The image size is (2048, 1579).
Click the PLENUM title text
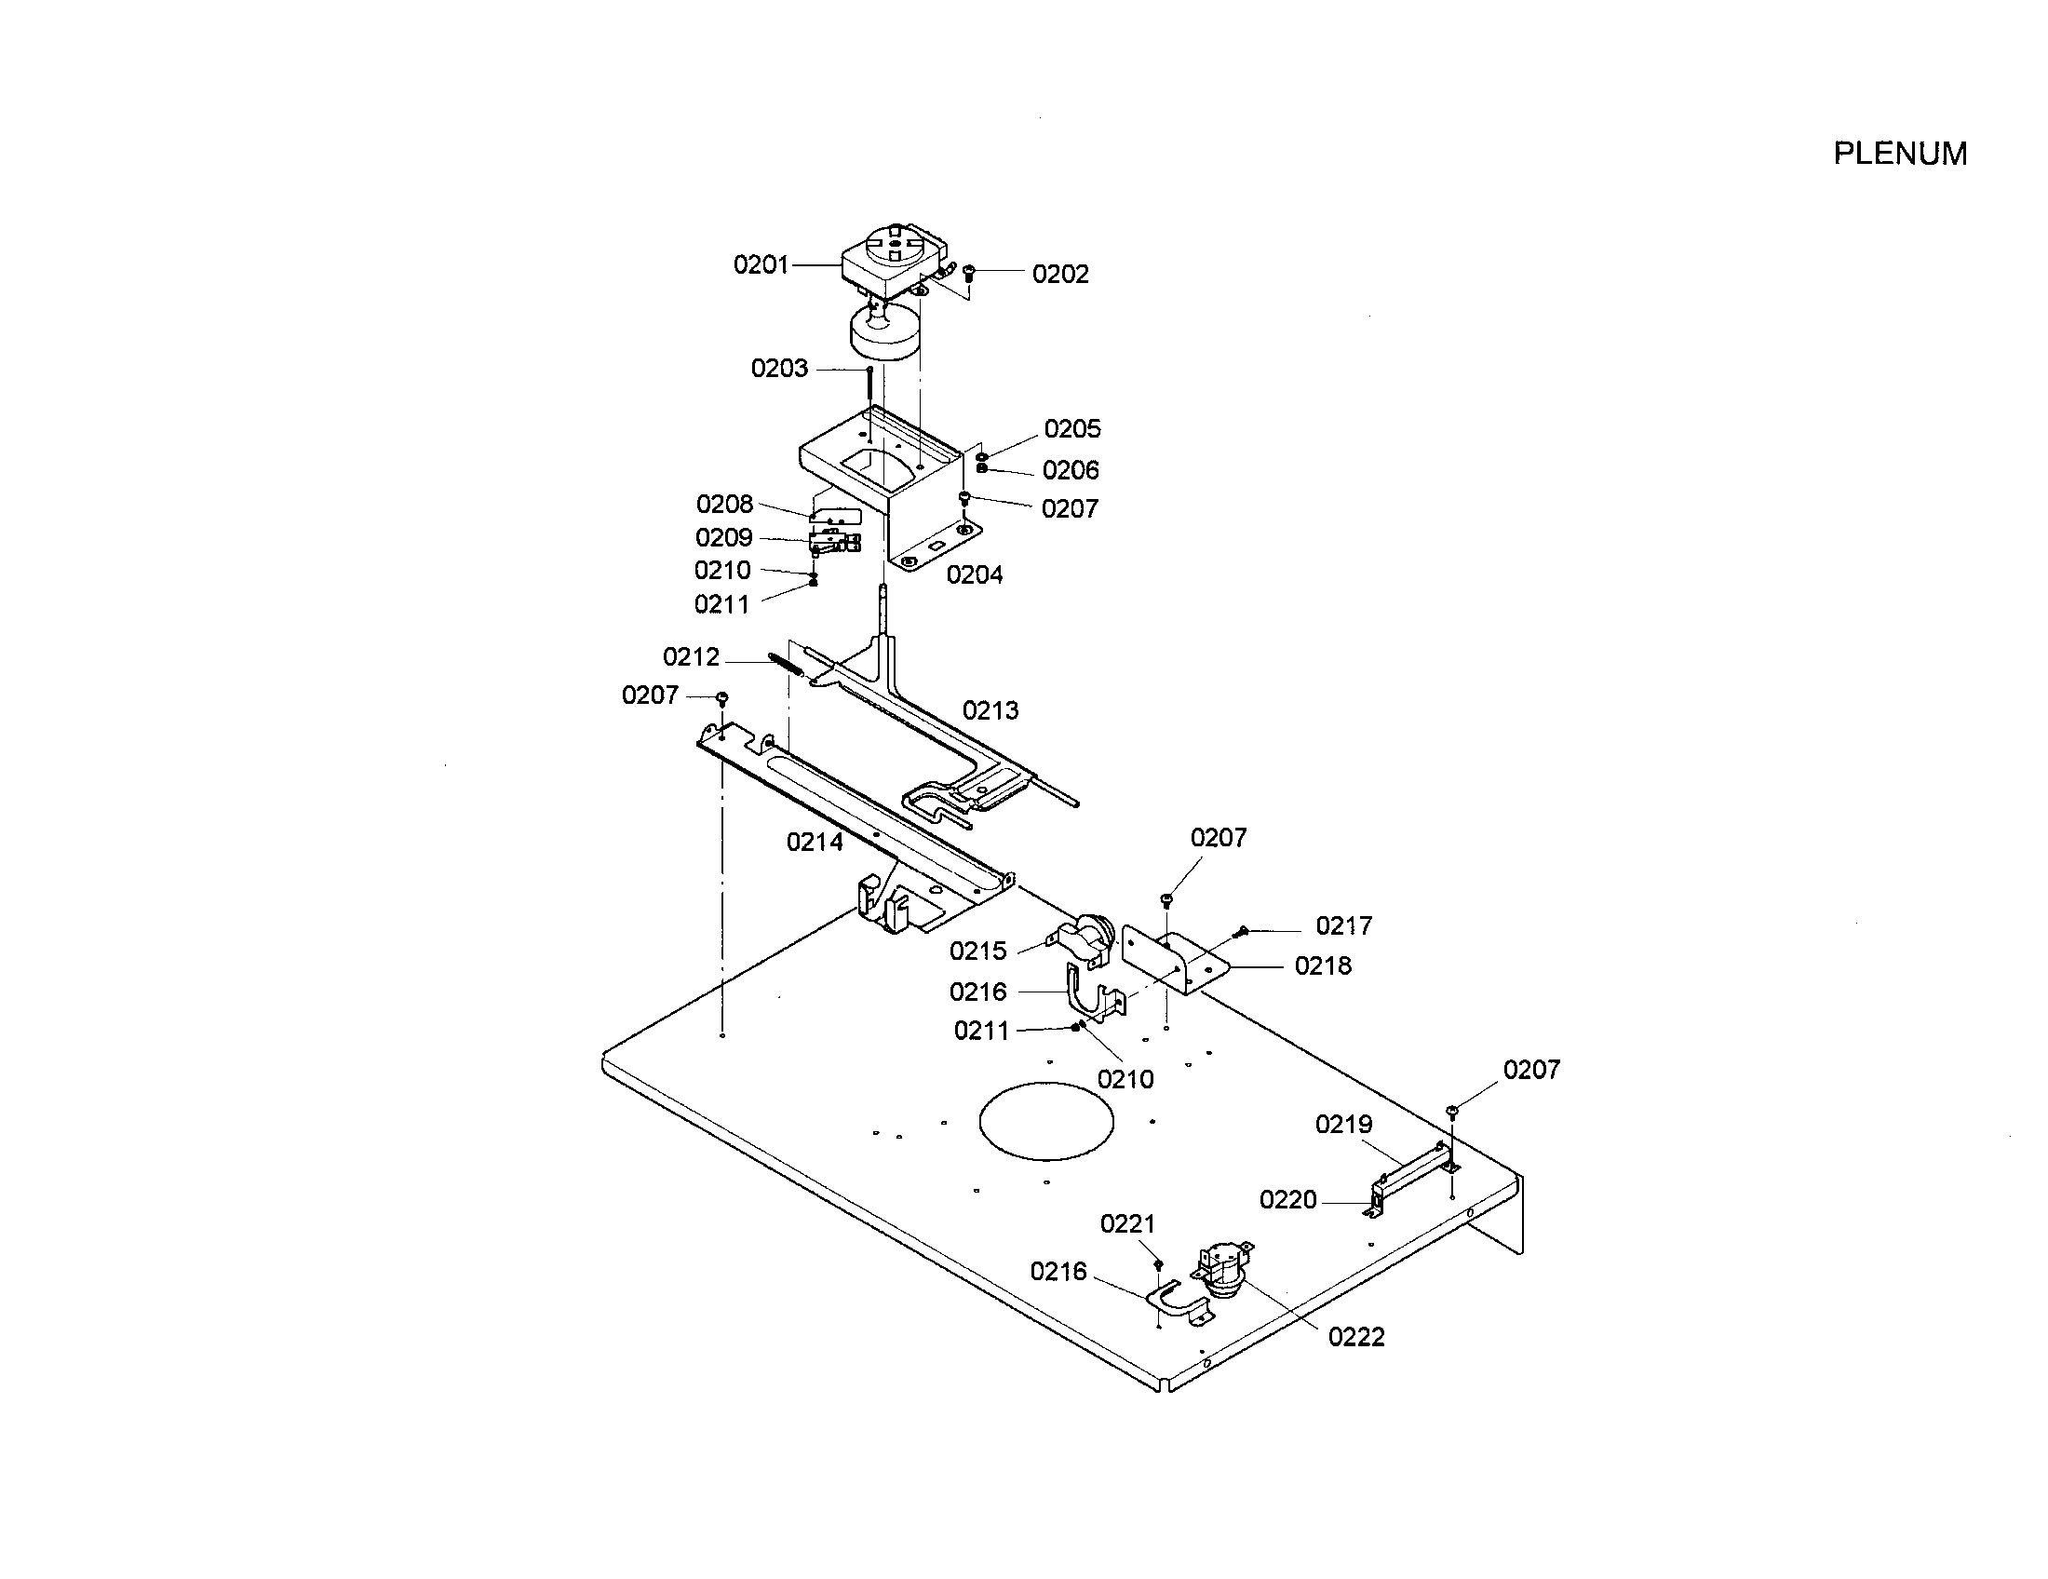(1900, 154)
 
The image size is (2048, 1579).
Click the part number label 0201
(761, 265)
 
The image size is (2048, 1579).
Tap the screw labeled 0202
(970, 274)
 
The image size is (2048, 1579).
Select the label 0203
(778, 369)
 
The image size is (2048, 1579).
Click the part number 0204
(974, 574)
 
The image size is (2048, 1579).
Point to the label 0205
(1071, 428)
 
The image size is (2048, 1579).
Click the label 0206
(1070, 470)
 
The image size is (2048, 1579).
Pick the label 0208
(724, 505)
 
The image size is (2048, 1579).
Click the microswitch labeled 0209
(833, 542)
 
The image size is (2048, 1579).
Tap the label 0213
(990, 710)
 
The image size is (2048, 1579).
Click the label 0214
(814, 842)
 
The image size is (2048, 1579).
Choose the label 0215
(977, 951)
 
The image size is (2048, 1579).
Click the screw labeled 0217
(1242, 931)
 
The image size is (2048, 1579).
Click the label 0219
(1342, 1125)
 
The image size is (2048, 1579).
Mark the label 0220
(1287, 1199)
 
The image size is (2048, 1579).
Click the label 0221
(1127, 1223)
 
